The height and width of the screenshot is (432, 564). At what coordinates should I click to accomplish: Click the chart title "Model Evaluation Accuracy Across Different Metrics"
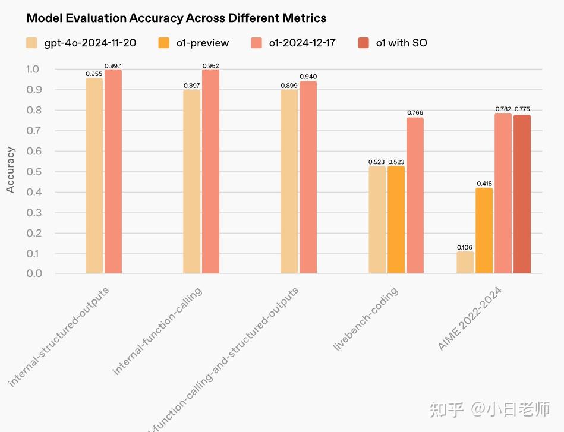tap(177, 18)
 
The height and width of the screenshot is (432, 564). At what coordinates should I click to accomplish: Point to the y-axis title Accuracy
tap(11, 170)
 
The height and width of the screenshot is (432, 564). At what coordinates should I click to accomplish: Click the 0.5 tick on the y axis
tap(34, 172)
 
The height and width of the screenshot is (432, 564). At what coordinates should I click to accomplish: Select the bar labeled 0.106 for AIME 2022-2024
tap(465, 263)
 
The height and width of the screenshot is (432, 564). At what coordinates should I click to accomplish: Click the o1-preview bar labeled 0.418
tap(484, 231)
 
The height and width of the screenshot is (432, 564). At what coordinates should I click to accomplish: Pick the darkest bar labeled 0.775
tap(522, 194)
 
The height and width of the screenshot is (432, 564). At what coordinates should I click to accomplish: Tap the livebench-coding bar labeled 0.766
tap(415, 195)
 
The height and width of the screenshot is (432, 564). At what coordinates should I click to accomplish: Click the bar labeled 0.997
tap(113, 172)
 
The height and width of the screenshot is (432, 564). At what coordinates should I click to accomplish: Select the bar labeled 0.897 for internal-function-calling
tap(191, 182)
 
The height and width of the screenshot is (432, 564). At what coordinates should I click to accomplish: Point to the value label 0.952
tap(210, 65)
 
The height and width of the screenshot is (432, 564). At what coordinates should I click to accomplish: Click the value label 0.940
tap(308, 77)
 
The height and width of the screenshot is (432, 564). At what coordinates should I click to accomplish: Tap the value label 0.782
tap(503, 109)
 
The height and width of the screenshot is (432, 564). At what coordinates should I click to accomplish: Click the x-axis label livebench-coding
tap(366, 319)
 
